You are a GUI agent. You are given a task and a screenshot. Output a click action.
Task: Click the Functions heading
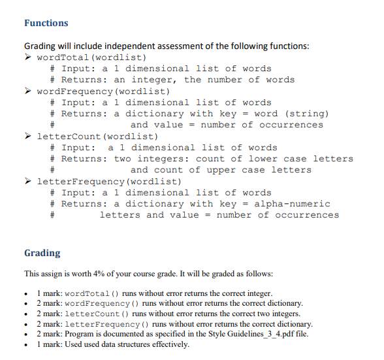(46, 23)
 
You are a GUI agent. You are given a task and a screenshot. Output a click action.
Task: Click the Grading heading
(42, 253)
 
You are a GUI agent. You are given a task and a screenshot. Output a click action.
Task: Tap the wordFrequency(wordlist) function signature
(103, 91)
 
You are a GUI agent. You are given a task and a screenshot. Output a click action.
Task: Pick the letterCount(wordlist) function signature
(97, 137)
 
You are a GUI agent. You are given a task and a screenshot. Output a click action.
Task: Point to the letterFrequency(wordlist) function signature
(108, 181)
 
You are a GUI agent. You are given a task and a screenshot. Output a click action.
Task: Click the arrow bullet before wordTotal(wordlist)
(28, 57)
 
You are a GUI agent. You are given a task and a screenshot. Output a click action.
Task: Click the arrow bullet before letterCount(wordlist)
(28, 137)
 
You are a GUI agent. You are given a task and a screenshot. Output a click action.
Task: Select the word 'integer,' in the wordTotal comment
(154, 80)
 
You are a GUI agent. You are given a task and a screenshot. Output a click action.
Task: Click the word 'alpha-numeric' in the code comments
(292, 204)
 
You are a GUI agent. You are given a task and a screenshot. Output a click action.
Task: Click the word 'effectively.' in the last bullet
(167, 344)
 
